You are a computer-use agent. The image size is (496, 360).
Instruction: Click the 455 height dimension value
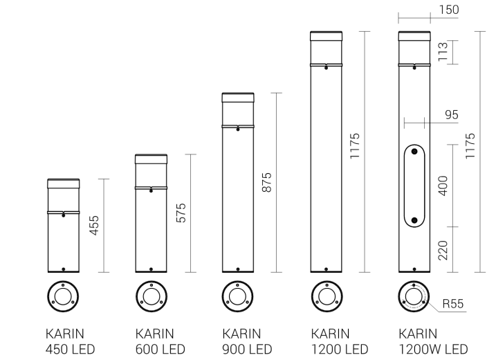click(95, 226)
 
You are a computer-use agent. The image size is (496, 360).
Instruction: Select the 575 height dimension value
click(182, 213)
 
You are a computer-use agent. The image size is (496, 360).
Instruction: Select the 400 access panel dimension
click(443, 186)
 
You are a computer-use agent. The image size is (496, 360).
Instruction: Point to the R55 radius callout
click(452, 303)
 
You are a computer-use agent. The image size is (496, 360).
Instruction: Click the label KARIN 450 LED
click(70, 341)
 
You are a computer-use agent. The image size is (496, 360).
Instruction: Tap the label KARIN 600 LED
click(160, 341)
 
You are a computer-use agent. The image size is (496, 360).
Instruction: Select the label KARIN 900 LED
click(247, 341)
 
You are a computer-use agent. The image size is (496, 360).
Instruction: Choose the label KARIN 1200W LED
click(433, 341)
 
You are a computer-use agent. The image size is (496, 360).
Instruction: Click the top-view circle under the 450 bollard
click(64, 296)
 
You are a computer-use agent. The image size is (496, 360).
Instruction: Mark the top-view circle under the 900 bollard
click(238, 296)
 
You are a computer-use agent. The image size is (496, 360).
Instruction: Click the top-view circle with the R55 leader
click(414, 296)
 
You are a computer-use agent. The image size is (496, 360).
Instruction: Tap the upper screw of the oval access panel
click(414, 152)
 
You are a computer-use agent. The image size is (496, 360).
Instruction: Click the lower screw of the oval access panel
click(414, 220)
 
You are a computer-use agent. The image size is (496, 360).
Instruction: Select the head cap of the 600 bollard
click(151, 159)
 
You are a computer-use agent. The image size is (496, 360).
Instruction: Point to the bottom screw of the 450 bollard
click(64, 269)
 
